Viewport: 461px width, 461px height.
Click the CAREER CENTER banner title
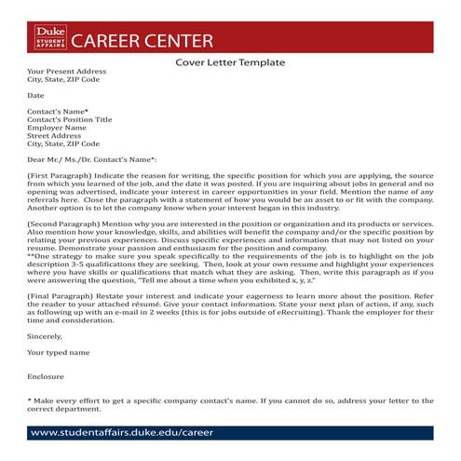click(x=142, y=41)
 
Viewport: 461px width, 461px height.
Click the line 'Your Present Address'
click(x=67, y=72)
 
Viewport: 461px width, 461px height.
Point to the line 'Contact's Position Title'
click(x=70, y=120)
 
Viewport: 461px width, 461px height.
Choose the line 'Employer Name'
click(x=55, y=128)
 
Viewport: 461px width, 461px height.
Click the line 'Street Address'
click(x=54, y=136)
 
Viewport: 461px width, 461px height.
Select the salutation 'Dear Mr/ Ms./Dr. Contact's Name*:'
click(x=91, y=159)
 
